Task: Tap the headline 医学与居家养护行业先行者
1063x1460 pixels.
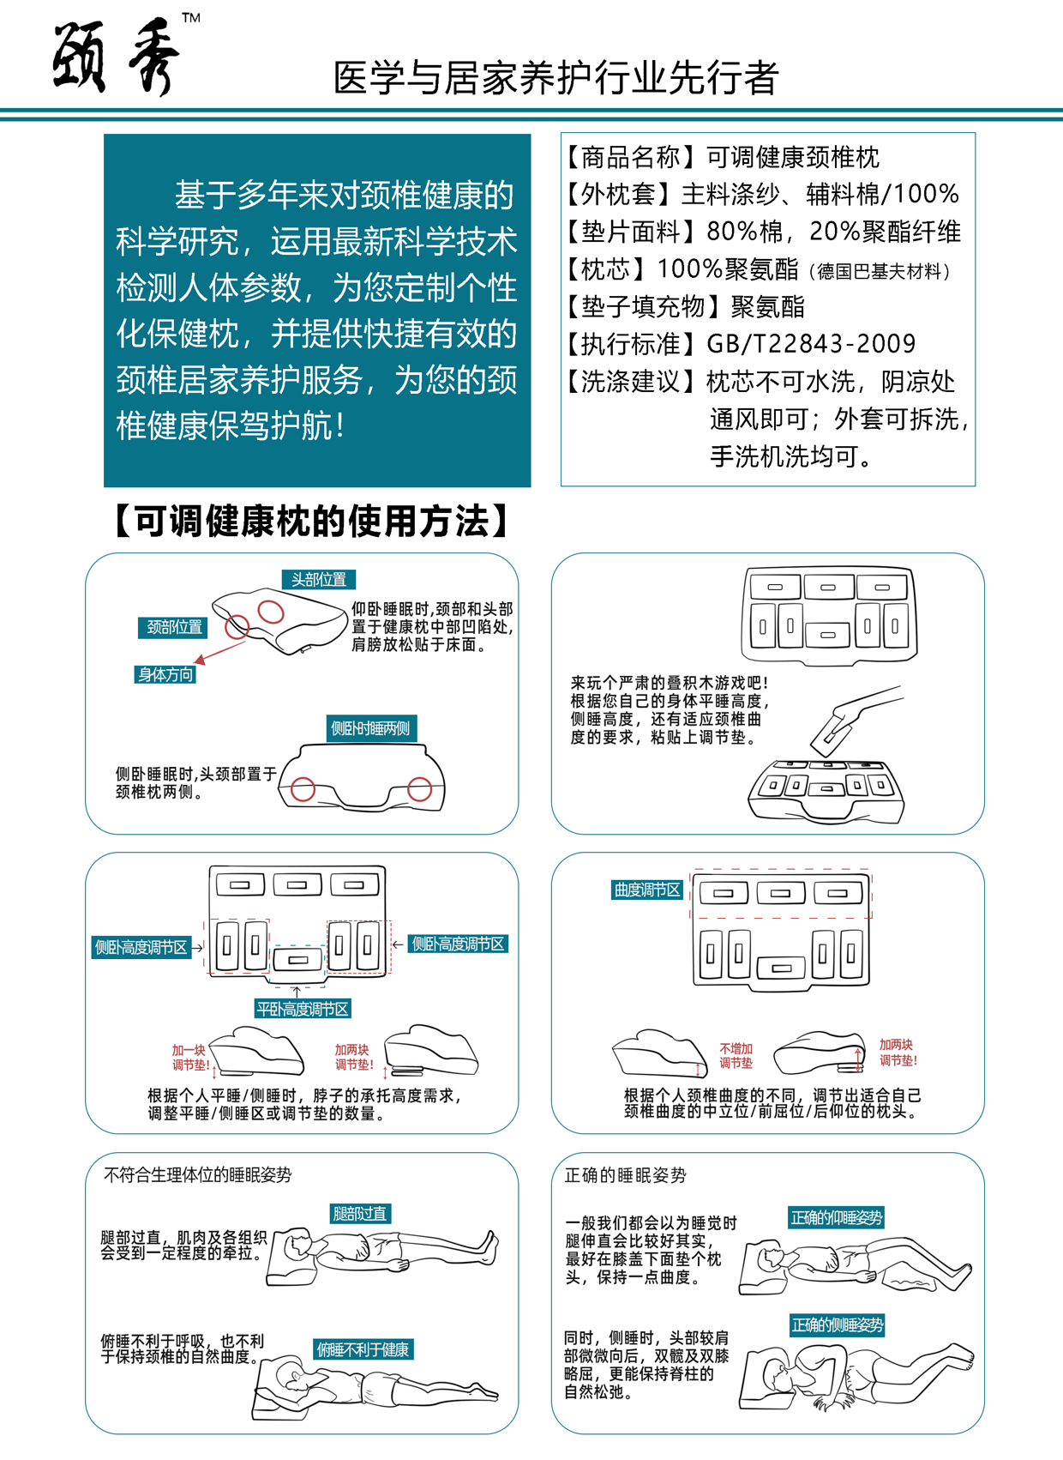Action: [x=556, y=78]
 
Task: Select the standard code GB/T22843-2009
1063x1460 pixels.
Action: [x=811, y=344]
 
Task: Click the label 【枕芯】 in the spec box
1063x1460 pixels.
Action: [x=606, y=269]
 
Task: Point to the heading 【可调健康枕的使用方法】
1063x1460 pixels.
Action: [x=312, y=521]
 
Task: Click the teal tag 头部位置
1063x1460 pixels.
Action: [x=318, y=580]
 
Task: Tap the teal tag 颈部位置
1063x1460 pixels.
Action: [x=174, y=627]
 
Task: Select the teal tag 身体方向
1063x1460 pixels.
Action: [x=165, y=674]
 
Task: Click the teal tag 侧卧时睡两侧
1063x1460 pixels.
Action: [x=370, y=728]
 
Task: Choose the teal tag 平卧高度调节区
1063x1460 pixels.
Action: [x=303, y=1009]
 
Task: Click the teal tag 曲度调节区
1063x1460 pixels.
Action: [x=646, y=890]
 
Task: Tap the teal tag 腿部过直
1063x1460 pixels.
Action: [x=360, y=1214]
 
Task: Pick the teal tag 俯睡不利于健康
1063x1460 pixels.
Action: [x=363, y=1349]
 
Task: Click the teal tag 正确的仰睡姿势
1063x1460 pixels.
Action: [x=836, y=1217]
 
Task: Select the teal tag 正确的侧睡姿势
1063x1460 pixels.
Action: [x=837, y=1325]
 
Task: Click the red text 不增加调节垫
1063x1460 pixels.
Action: [x=736, y=1056]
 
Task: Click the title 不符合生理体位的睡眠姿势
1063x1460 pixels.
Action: [x=197, y=1175]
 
